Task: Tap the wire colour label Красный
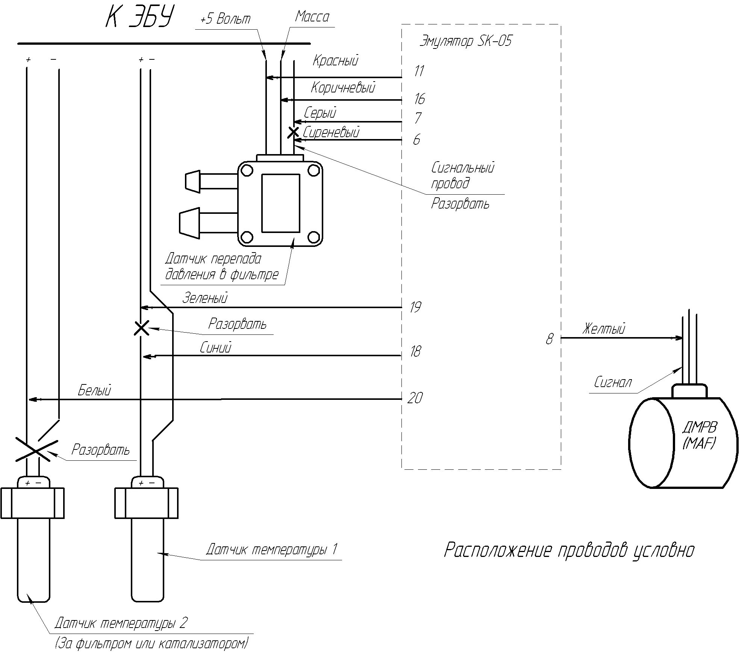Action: tap(335, 61)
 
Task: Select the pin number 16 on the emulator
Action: tap(419, 99)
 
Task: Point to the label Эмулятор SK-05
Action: tap(465, 41)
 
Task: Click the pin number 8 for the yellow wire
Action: tap(550, 339)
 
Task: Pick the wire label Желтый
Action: tap(604, 329)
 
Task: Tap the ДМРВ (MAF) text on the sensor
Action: tap(699, 436)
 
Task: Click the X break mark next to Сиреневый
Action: tap(293, 132)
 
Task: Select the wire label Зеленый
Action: tap(205, 298)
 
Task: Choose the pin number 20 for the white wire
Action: tap(415, 398)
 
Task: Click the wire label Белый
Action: tap(94, 390)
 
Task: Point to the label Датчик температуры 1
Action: tap(272, 549)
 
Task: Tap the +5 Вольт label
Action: tap(225, 19)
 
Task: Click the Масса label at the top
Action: tap(312, 17)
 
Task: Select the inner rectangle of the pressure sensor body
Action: tap(280, 203)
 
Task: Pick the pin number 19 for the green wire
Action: tap(415, 307)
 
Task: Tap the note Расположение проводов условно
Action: tap(569, 550)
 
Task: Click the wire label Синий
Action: tap(215, 348)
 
